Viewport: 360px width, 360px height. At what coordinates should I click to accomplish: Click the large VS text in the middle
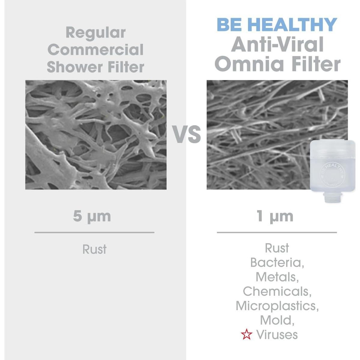point(186,134)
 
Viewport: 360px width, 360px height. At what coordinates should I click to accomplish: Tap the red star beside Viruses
point(247,335)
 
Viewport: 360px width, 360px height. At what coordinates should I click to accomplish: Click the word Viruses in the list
point(277,334)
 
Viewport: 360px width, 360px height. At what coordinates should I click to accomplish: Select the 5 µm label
point(92,216)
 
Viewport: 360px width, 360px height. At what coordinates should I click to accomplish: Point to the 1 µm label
point(275,216)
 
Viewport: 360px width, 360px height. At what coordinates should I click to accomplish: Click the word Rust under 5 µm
point(94,249)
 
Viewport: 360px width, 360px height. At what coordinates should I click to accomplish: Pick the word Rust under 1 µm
point(277,248)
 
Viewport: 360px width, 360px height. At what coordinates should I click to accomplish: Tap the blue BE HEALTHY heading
point(277,25)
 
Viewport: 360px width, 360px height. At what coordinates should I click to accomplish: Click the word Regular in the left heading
point(95,32)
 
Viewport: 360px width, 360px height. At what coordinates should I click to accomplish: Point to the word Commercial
point(95,50)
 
